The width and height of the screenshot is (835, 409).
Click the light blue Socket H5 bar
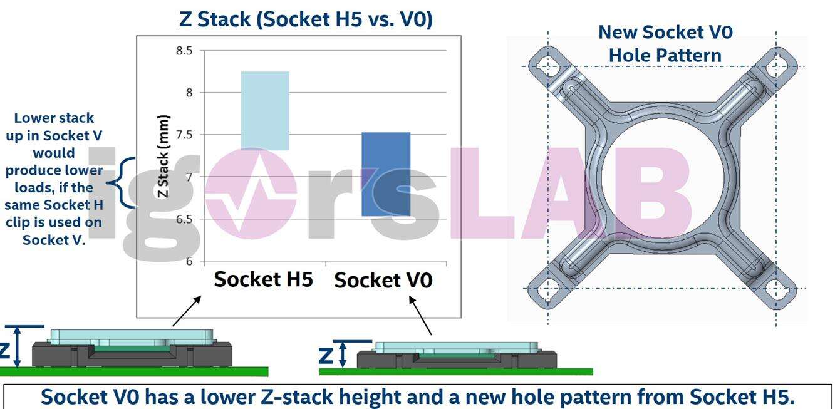coord(265,111)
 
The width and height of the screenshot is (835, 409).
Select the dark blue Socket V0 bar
coord(386,173)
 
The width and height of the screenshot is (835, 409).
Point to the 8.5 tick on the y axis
coord(184,51)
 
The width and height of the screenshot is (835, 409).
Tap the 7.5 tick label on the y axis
coord(184,135)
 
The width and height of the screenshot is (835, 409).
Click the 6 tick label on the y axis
coord(189,261)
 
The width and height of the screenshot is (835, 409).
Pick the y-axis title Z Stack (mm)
coord(163,156)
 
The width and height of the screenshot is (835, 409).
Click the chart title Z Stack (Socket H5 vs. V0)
coord(306,19)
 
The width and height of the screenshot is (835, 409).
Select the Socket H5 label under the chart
coord(263,279)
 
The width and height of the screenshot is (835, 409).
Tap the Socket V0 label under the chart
coord(383,280)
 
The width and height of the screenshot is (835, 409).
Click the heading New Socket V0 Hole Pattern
coord(665,43)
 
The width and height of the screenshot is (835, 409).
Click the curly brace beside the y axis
coord(123,182)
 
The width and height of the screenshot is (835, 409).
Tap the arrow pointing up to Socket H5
coord(187,311)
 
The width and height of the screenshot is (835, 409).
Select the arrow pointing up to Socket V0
coord(420,315)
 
